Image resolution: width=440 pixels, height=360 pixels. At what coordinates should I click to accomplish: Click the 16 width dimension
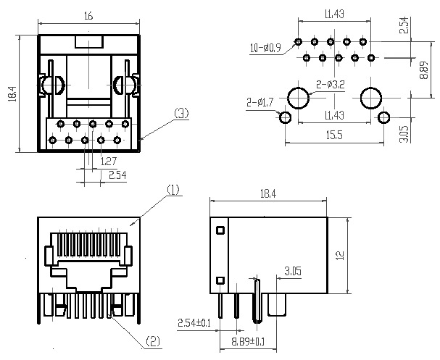tap(88, 16)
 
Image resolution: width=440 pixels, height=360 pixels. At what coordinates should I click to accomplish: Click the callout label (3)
tap(181, 114)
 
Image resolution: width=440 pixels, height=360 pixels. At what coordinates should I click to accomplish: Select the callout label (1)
tap(173, 190)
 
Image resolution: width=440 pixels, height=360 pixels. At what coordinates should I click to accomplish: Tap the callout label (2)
tap(153, 341)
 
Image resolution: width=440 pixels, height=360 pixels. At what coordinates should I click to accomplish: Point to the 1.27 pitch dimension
tap(108, 162)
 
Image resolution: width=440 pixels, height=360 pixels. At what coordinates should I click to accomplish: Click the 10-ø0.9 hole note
tap(265, 48)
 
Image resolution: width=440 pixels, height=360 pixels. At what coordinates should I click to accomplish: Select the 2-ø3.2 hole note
tap(331, 85)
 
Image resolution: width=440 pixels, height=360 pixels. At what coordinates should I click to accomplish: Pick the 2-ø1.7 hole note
tap(260, 102)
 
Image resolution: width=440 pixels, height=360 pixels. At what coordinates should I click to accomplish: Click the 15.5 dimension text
tap(334, 135)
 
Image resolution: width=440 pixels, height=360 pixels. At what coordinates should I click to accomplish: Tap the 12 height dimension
tap(340, 255)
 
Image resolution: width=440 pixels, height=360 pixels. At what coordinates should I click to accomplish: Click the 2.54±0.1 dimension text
tap(194, 323)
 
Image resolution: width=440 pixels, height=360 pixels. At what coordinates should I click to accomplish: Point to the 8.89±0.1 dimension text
tap(248, 341)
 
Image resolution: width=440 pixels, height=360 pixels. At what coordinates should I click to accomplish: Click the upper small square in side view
tap(220, 230)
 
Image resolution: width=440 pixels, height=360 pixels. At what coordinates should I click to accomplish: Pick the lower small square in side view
tap(220, 280)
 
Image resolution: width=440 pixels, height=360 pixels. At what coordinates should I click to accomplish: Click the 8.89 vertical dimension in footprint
tap(424, 70)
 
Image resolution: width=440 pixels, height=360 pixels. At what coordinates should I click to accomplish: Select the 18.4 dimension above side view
tap(268, 193)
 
